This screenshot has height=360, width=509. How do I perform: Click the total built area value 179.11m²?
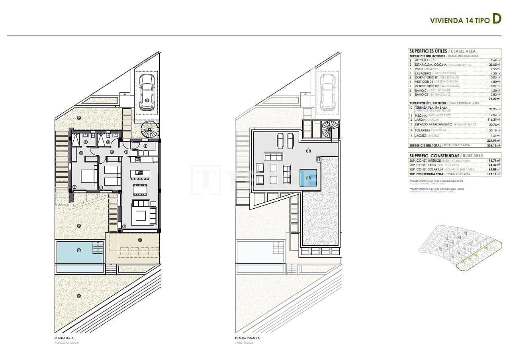494,174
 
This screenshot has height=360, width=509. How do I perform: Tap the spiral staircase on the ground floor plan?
150,130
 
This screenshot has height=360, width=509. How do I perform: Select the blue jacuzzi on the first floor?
308,177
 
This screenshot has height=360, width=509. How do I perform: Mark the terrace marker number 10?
140,240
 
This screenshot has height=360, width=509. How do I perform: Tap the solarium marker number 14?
308,151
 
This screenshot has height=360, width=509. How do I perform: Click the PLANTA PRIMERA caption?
247,338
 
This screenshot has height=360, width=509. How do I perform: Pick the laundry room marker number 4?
145,146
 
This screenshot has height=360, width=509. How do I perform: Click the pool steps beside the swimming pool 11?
98,247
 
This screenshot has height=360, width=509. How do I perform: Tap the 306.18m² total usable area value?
494,145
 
